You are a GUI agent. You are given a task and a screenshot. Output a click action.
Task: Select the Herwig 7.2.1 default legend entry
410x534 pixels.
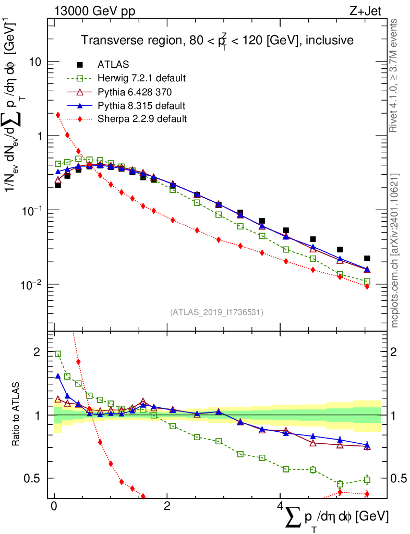(141, 78)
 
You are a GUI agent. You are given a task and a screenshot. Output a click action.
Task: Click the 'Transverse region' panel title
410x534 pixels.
(217, 40)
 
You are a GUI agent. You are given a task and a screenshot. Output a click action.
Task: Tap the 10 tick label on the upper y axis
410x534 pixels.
(35, 62)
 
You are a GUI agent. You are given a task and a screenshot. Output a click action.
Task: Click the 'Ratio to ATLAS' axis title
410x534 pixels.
(16, 415)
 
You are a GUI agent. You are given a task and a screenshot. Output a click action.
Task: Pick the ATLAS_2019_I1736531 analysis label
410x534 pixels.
(216, 312)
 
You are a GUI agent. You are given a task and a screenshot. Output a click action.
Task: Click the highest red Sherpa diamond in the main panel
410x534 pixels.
(58, 115)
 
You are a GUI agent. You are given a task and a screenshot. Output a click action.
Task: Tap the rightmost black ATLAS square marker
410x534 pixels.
(367, 258)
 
